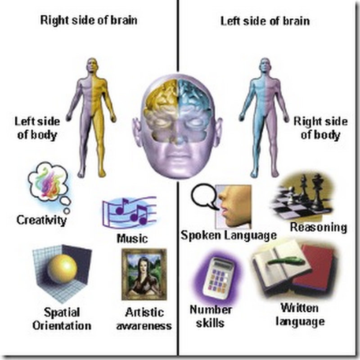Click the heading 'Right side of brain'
89,20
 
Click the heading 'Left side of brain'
265,21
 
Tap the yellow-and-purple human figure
91,117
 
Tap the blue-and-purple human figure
264,117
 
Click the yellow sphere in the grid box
62,269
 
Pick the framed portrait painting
144,274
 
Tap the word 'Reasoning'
319,228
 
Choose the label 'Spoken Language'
229,235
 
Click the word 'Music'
132,238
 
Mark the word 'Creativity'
41,220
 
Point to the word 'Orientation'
62,325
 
